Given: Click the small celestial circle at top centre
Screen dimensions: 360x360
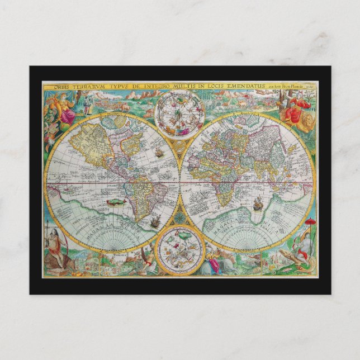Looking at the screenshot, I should [x=181, y=112].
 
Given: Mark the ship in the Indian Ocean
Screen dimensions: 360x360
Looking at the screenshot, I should [x=258, y=205].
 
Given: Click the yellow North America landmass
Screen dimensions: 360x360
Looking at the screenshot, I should [x=96, y=142].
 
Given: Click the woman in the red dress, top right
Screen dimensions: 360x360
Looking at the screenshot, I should [x=295, y=112].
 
